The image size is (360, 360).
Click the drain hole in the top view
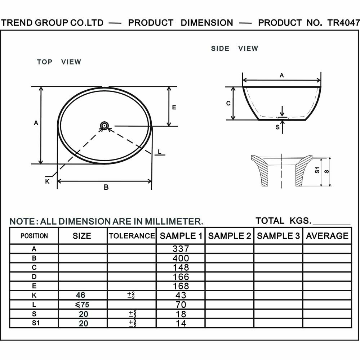[x=105, y=126]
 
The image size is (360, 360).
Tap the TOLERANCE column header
[x=132, y=236]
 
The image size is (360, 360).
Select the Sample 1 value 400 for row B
[x=181, y=258]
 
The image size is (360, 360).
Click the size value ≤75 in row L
[x=82, y=305]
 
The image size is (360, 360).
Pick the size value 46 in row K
[x=80, y=295]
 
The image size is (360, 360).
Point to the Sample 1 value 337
[x=181, y=249]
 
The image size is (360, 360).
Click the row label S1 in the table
[x=36, y=323]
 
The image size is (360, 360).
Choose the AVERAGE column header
[x=327, y=236]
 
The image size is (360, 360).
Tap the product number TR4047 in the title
[x=343, y=23]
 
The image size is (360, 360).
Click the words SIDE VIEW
[x=235, y=49]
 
